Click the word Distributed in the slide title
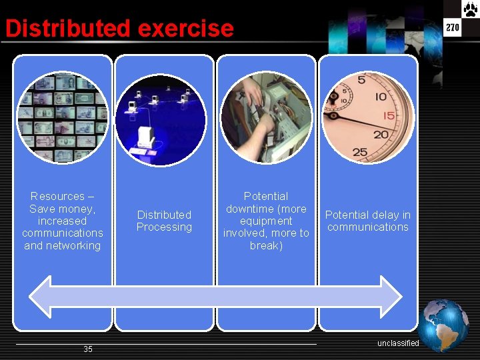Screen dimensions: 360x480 tap(67, 29)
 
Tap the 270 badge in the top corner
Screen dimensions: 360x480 tap(453, 27)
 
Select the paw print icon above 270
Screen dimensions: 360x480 tap(471, 9)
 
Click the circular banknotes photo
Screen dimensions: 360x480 tap(63, 118)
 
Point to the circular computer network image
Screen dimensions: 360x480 tap(161, 121)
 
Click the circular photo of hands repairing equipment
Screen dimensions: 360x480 tap(266, 119)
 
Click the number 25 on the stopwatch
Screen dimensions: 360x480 tap(360, 152)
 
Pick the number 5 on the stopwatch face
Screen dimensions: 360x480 tap(361, 81)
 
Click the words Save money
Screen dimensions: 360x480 tap(62, 209)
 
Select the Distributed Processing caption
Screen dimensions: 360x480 tap(164, 221)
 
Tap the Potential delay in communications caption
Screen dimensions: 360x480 tap(367, 221)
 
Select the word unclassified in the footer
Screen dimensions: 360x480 tap(398, 343)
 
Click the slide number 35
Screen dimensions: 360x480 tap(88, 349)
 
